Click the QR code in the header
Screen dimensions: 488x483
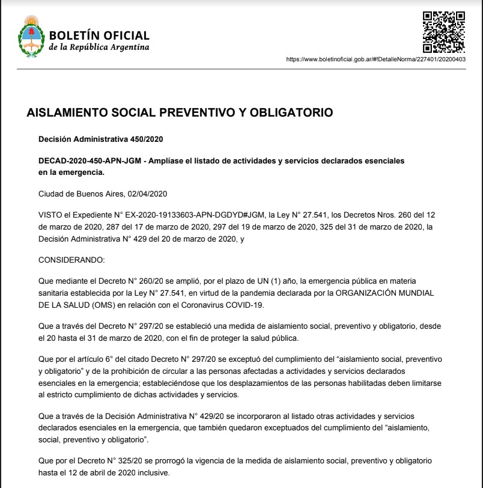(445, 31)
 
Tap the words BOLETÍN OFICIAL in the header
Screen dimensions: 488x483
(99, 35)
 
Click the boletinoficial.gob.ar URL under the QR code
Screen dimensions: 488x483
(377, 59)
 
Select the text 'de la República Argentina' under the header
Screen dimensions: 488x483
(99, 47)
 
